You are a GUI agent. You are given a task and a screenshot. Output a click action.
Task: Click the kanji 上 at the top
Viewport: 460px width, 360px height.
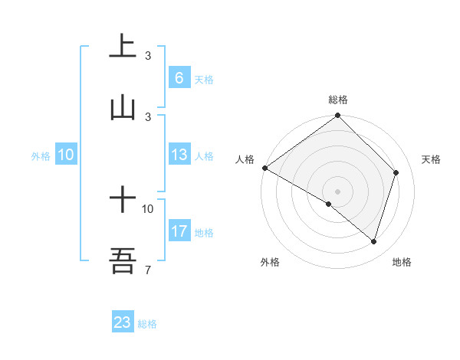click(123, 46)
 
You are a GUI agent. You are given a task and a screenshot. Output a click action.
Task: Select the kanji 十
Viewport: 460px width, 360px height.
click(123, 201)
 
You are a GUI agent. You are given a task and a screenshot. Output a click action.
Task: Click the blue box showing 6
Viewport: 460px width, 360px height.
click(179, 78)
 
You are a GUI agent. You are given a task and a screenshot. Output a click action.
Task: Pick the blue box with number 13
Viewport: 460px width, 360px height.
click(179, 155)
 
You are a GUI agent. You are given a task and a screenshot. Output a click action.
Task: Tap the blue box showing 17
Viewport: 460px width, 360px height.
click(179, 231)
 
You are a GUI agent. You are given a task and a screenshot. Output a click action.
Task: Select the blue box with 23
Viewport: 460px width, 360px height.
click(123, 322)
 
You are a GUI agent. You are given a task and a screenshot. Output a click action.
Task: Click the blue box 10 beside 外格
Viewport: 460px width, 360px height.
click(66, 155)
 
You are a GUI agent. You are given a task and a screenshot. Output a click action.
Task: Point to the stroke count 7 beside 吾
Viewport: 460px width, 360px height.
click(147, 270)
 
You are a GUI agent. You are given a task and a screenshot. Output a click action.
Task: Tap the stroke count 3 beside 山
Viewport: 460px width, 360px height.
click(148, 116)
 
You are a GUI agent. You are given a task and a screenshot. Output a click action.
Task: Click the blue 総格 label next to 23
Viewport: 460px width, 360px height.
click(147, 324)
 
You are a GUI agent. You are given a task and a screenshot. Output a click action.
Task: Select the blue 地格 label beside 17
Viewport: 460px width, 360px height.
click(204, 233)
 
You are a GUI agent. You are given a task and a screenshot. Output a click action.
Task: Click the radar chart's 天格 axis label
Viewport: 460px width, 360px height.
click(432, 159)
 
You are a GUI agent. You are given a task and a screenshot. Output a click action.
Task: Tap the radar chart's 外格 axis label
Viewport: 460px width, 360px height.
click(270, 262)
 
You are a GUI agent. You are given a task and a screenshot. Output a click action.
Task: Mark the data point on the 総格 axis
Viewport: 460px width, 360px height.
click(338, 116)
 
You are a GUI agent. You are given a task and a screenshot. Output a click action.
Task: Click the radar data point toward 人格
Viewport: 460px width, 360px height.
click(264, 168)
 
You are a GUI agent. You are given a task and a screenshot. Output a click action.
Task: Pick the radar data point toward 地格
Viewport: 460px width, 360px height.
click(374, 241)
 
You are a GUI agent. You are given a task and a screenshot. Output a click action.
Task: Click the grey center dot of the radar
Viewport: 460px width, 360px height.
click(338, 191)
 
